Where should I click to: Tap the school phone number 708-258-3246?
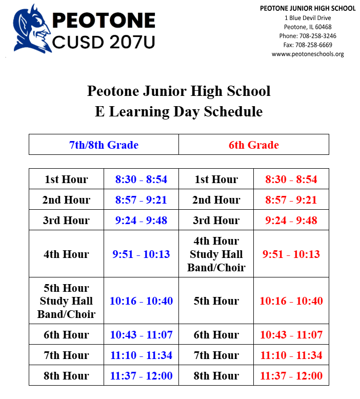[x=308, y=36]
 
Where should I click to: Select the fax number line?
[x=308, y=45]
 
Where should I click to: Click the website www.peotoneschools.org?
[x=308, y=54]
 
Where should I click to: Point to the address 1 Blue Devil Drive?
[x=308, y=18]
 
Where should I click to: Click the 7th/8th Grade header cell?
[x=104, y=145]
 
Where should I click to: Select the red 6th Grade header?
[x=254, y=145]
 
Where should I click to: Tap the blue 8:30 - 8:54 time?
[x=141, y=179]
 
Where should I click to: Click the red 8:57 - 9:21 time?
[x=291, y=200]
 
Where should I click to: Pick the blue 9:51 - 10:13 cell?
[x=141, y=254]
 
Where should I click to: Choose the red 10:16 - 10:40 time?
[x=291, y=301]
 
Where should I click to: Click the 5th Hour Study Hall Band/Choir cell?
[x=66, y=301]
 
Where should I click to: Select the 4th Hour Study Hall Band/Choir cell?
[x=216, y=254]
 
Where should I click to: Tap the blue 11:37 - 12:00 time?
[x=141, y=376]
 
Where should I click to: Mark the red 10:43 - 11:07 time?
[x=291, y=335]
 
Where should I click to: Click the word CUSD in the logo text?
[x=77, y=42]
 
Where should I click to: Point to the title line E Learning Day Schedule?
[x=178, y=111]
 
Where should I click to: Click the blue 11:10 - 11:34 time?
[x=141, y=355]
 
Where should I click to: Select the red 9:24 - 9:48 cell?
[x=291, y=221]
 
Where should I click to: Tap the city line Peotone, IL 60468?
[x=308, y=27]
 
